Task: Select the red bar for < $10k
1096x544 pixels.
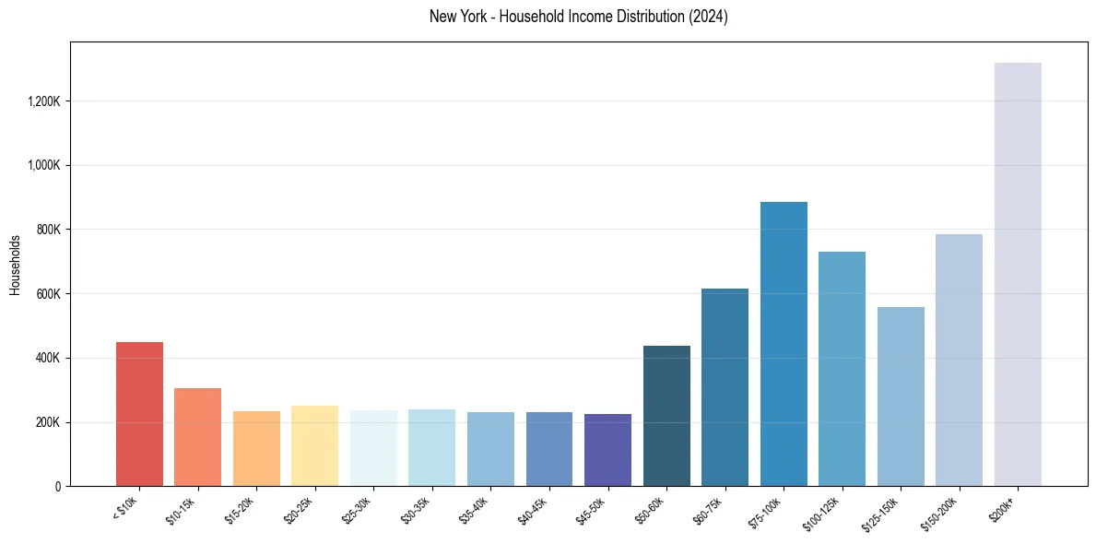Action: point(139,414)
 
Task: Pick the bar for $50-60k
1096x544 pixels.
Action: point(666,416)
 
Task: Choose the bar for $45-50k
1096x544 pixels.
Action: point(607,450)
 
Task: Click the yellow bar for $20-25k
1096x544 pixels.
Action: point(314,445)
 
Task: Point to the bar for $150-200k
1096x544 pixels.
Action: point(959,360)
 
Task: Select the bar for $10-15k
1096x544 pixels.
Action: point(197,437)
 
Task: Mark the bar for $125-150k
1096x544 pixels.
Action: point(901,396)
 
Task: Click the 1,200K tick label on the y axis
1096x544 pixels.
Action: point(44,101)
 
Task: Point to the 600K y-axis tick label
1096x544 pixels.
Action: point(49,293)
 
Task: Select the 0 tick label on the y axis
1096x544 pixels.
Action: point(58,486)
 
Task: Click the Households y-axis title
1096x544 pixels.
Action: point(16,265)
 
